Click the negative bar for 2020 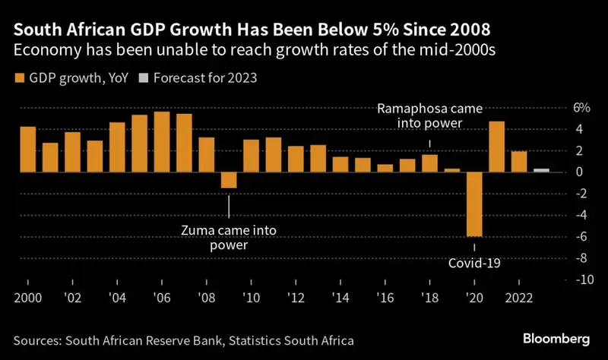(x=474, y=204)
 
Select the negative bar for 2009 (x=229, y=180)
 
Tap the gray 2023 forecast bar (x=541, y=170)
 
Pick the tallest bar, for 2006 (x=162, y=142)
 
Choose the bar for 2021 (x=497, y=147)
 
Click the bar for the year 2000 (x=28, y=150)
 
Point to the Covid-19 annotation (x=474, y=263)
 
